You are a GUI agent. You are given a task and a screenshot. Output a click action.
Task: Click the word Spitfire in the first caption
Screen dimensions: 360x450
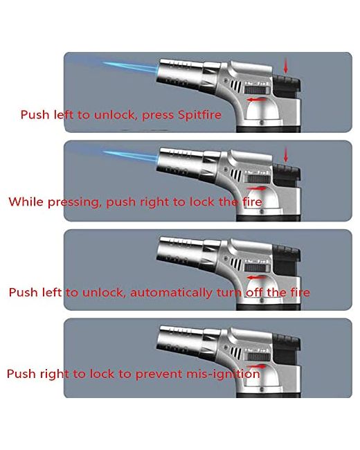pos(199,115)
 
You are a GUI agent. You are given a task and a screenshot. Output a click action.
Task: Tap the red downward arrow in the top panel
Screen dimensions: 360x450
pos(285,66)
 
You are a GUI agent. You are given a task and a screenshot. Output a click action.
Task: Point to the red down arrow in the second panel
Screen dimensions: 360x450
pos(285,154)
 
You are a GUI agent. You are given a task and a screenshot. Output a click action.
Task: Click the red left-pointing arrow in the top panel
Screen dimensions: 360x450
pos(257,100)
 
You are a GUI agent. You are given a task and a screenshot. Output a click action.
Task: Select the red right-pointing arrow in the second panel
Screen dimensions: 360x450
pos(257,188)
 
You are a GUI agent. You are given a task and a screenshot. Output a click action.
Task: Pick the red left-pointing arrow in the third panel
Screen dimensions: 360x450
pos(257,278)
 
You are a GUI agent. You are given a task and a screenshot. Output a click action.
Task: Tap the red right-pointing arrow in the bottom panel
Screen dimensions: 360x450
pos(257,366)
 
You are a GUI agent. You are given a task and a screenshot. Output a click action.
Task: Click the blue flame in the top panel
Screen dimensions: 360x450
pos(129,67)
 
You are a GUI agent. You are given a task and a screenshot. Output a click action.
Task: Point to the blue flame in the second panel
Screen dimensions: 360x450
pos(129,156)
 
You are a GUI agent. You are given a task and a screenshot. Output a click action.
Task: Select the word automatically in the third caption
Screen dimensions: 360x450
pos(171,292)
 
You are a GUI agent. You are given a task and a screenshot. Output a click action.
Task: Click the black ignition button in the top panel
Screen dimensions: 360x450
pos(287,85)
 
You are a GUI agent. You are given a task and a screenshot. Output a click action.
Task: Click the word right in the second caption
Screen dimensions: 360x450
pos(152,202)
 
